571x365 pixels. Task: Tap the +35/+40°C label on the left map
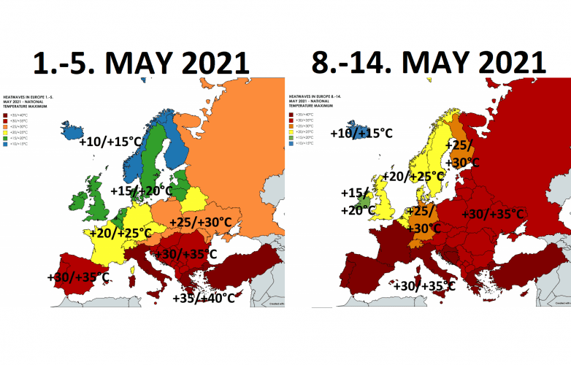click(x=204, y=298)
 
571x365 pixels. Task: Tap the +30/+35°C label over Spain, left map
click(x=78, y=277)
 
